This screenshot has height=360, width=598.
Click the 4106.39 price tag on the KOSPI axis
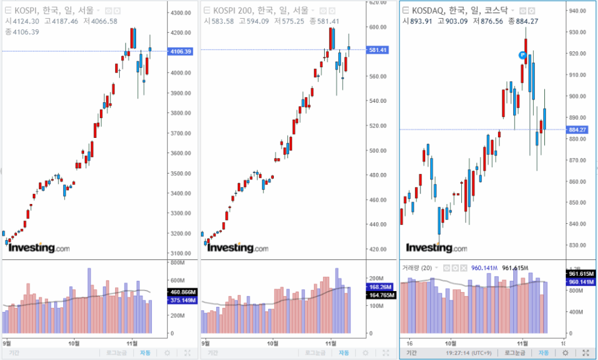[x=180, y=51]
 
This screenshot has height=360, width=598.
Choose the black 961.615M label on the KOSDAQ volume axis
[x=580, y=273]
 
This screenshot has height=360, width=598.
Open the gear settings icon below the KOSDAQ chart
[x=565, y=353]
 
